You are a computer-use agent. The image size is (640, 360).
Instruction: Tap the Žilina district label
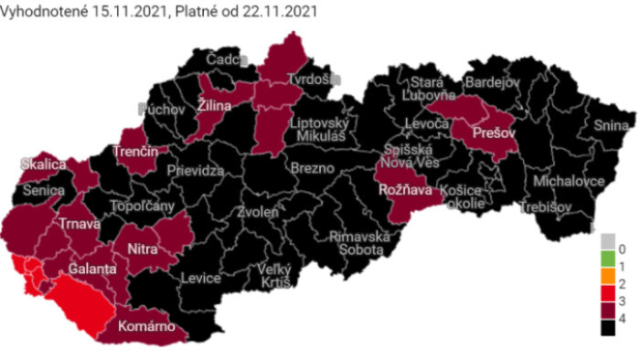pos(214,106)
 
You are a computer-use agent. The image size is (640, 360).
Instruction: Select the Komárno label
pos(145,326)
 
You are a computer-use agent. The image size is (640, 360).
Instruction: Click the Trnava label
pos(80,223)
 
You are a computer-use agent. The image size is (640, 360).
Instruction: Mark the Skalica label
pos(44,164)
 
